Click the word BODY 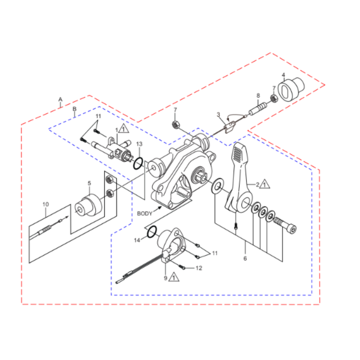145,213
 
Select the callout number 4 283,75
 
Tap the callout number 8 258,96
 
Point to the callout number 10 45,204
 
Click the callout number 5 89,183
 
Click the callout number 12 199,268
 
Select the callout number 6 245,258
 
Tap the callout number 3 218,114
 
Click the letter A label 60,99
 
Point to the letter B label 75,108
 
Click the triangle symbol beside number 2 265,184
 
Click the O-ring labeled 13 138,164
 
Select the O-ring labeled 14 152,232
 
